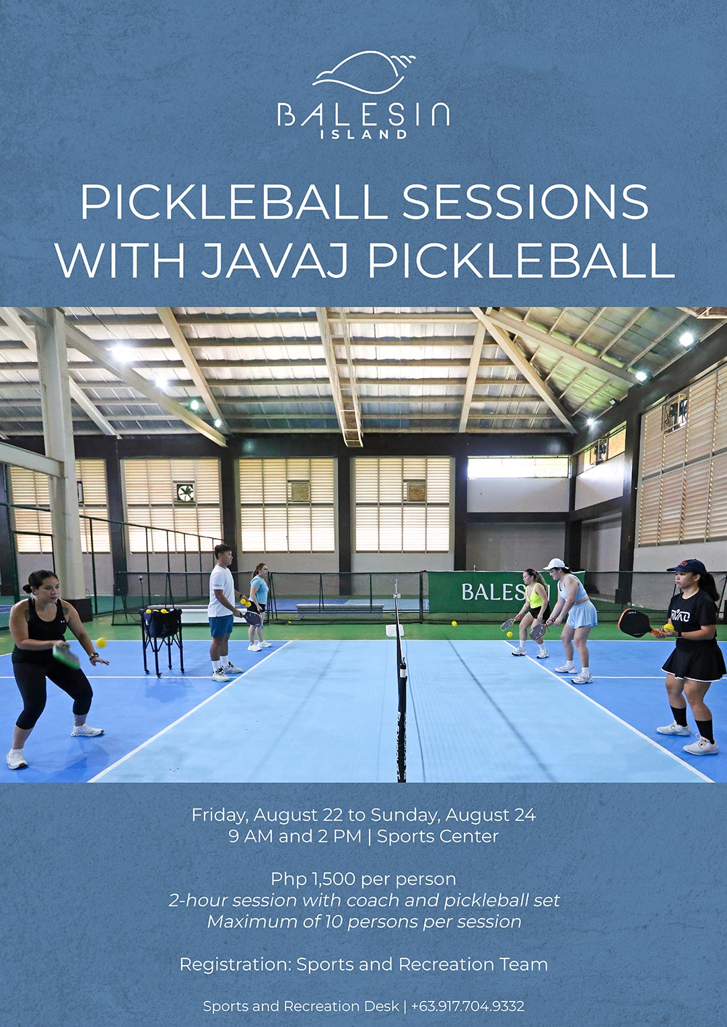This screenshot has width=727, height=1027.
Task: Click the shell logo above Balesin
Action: (363, 73)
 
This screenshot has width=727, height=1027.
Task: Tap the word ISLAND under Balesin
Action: (363, 135)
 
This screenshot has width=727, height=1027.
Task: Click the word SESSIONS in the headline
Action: (526, 202)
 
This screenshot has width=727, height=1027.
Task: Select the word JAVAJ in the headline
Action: (274, 260)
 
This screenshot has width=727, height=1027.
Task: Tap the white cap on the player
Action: (555, 564)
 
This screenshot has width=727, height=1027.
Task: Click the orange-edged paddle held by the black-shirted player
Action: (636, 623)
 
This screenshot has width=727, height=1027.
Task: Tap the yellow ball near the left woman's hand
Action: (101, 642)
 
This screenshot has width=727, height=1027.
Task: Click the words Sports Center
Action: (438, 837)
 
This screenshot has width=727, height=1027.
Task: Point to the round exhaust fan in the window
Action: (185, 492)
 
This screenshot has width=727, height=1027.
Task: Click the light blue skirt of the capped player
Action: (582, 614)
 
